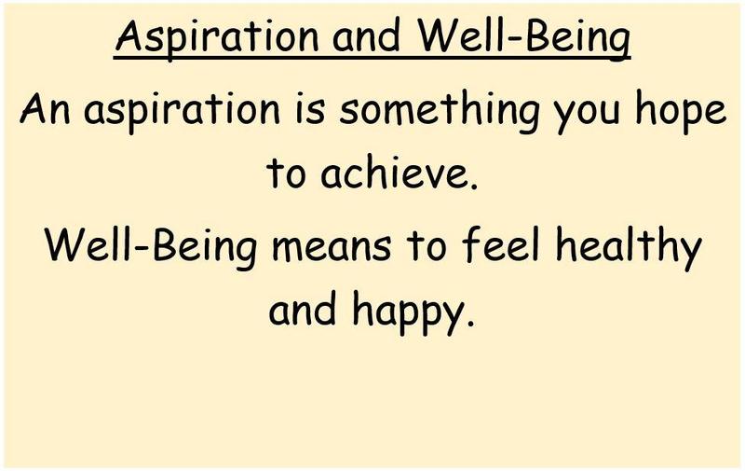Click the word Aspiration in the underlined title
(217, 39)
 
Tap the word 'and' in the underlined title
(366, 37)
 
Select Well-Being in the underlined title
(523, 39)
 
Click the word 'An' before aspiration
(45, 108)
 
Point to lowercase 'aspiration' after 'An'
(182, 111)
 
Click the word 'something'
(440, 111)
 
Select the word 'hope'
(681, 111)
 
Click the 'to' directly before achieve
(286, 173)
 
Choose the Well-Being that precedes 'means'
(151, 247)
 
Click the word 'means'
(332, 251)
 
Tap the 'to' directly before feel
(427, 246)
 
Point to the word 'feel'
(501, 244)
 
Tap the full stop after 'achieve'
(473, 185)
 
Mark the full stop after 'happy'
(470, 322)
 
